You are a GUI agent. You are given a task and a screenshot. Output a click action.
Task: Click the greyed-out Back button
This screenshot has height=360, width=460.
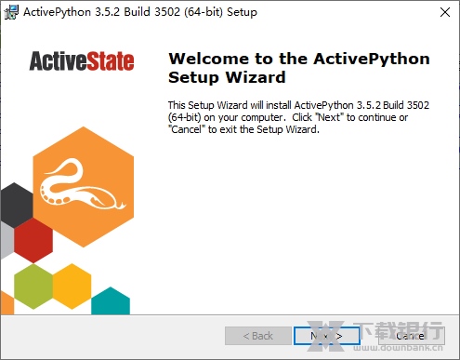[x=257, y=335]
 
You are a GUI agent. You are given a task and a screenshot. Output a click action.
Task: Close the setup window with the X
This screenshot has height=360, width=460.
[x=438, y=12]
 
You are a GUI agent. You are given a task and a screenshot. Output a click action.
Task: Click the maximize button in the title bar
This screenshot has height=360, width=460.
[x=394, y=12]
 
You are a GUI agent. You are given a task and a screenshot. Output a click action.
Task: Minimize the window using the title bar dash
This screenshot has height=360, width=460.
[x=351, y=12]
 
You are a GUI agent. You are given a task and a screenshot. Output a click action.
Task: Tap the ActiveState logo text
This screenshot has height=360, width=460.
[x=81, y=62]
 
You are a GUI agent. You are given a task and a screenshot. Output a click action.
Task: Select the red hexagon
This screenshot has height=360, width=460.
[x=34, y=239]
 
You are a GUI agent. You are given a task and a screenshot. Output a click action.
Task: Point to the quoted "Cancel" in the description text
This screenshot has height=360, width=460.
[x=185, y=130]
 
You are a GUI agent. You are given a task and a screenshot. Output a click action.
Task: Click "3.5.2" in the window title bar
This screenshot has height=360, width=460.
[x=115, y=12]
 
